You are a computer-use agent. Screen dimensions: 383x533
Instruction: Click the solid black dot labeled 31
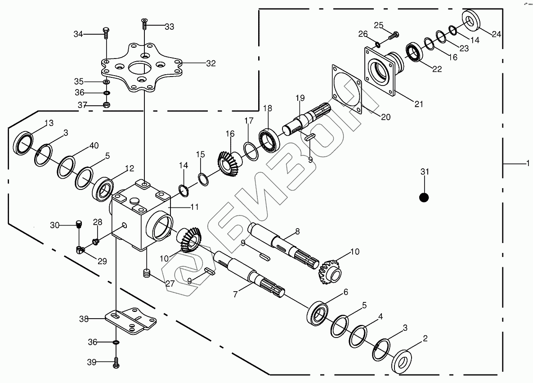[424, 197]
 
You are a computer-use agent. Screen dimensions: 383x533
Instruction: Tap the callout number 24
[496, 34]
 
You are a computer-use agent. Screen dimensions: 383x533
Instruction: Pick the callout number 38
[84, 319]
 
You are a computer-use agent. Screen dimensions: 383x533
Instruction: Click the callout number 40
[94, 145]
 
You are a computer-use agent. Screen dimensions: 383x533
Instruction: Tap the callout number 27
[170, 284]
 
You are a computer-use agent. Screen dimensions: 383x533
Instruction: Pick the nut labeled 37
[107, 105]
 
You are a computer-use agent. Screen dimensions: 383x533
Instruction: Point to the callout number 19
[300, 98]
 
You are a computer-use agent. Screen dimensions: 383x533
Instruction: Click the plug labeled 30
[79, 224]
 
